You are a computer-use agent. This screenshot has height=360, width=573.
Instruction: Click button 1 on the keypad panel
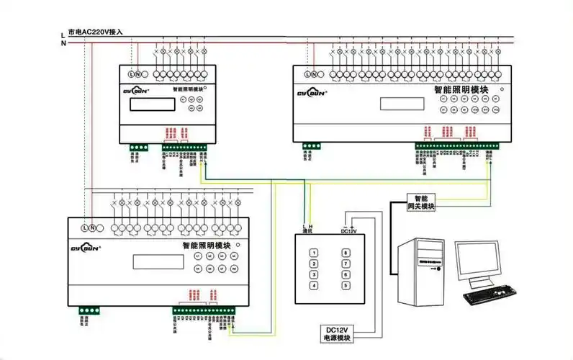(x=314, y=253)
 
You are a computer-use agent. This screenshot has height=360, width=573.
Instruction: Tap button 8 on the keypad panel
(x=346, y=253)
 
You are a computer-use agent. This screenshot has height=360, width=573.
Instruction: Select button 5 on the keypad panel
(x=346, y=286)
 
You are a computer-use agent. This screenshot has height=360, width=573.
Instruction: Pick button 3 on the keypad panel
(x=314, y=275)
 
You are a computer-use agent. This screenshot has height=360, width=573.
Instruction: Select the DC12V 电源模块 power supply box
(x=338, y=333)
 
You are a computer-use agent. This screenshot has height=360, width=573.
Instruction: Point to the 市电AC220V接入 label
(x=95, y=32)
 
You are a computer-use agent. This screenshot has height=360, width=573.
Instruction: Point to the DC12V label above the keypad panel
(x=348, y=231)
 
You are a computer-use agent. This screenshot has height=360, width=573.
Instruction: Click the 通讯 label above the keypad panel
(x=307, y=231)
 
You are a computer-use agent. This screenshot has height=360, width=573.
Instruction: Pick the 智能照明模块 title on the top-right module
(x=461, y=91)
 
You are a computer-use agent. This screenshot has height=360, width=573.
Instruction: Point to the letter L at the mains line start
(x=63, y=32)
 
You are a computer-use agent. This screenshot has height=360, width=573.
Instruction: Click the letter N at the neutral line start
(x=63, y=42)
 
